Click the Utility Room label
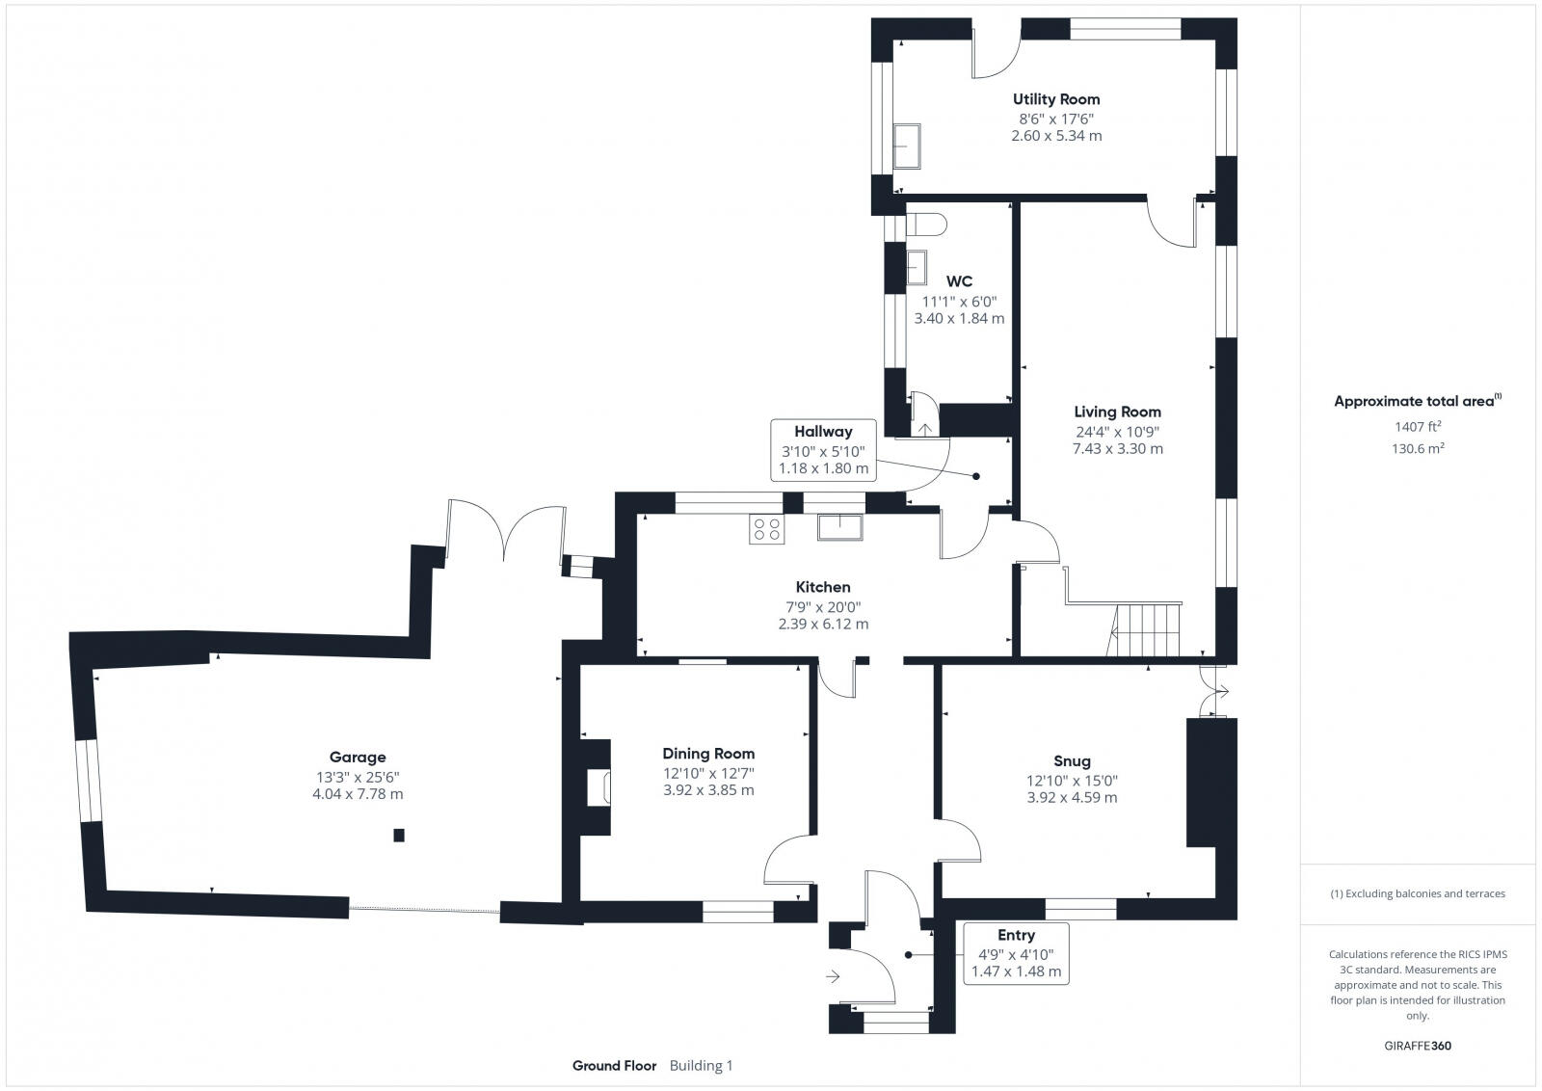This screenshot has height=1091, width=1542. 1056,99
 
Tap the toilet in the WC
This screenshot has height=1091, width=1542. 926,225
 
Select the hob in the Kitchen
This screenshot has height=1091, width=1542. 767,529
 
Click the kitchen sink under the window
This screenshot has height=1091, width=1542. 839,527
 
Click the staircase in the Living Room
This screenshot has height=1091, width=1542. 1147,629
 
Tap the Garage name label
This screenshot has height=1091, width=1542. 358,758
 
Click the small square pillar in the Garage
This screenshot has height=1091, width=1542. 399,836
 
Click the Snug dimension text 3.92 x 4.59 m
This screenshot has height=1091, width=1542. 1072,798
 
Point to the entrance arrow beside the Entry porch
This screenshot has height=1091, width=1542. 833,976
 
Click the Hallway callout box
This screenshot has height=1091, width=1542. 823,450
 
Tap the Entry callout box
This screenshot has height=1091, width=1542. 1016,953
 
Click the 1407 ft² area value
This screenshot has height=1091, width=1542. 1418,427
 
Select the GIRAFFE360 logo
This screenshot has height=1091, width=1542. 1418,1046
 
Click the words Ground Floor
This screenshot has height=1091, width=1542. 614,1066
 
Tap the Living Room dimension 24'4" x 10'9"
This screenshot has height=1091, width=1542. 1117,433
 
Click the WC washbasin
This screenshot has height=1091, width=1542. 917,267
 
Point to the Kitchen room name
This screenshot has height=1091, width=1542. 823,587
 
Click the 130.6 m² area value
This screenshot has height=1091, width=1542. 1418,449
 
